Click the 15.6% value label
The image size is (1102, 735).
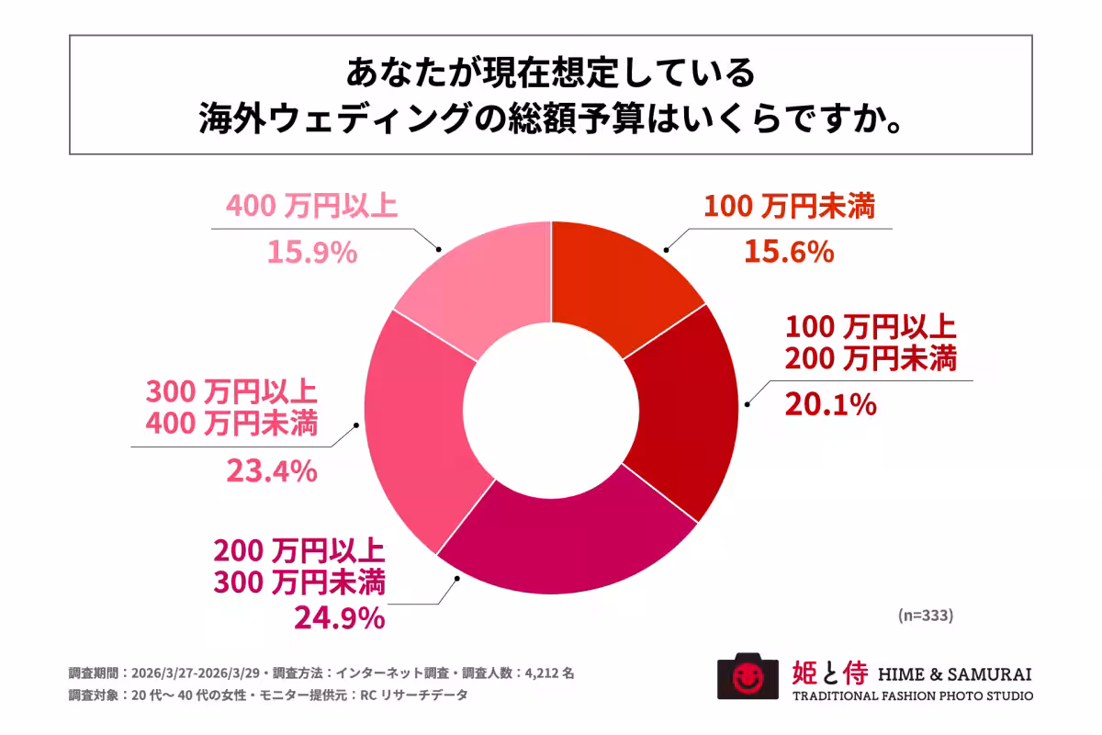coord(789,251)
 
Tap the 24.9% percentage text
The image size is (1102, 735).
coord(338,618)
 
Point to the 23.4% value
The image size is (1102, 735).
coord(272,471)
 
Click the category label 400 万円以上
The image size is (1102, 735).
coord(310,206)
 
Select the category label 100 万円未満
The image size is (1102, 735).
coord(789,206)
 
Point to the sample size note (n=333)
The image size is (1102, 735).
coord(925,616)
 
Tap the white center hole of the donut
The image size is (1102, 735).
coord(550,409)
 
